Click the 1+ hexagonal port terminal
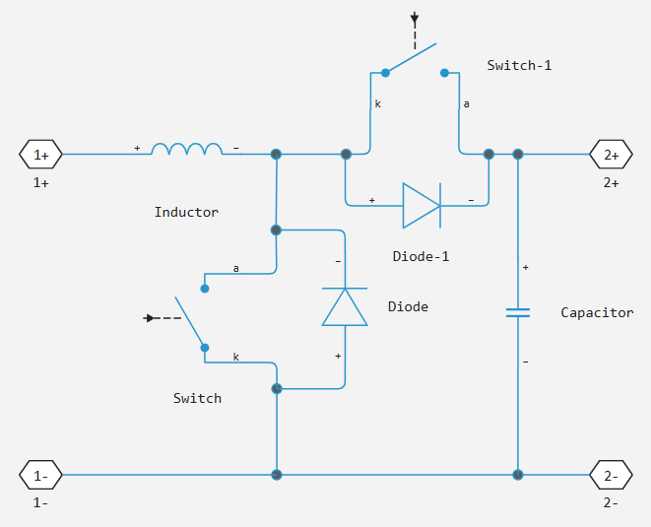(40, 155)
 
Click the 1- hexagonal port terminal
(40, 475)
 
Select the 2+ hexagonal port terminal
(611, 155)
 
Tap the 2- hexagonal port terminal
(611, 475)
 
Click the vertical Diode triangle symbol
(345, 307)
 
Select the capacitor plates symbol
(517, 312)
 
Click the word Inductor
(186, 212)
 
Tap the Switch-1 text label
(520, 65)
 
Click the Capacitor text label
(597, 312)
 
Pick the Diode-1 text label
(421, 256)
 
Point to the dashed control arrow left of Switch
(158, 318)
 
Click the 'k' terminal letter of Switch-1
(376, 103)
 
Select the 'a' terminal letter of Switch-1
(466, 103)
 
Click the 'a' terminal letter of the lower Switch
(235, 268)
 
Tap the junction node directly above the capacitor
(517, 155)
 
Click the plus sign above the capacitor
(525, 267)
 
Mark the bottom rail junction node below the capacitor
(517, 475)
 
